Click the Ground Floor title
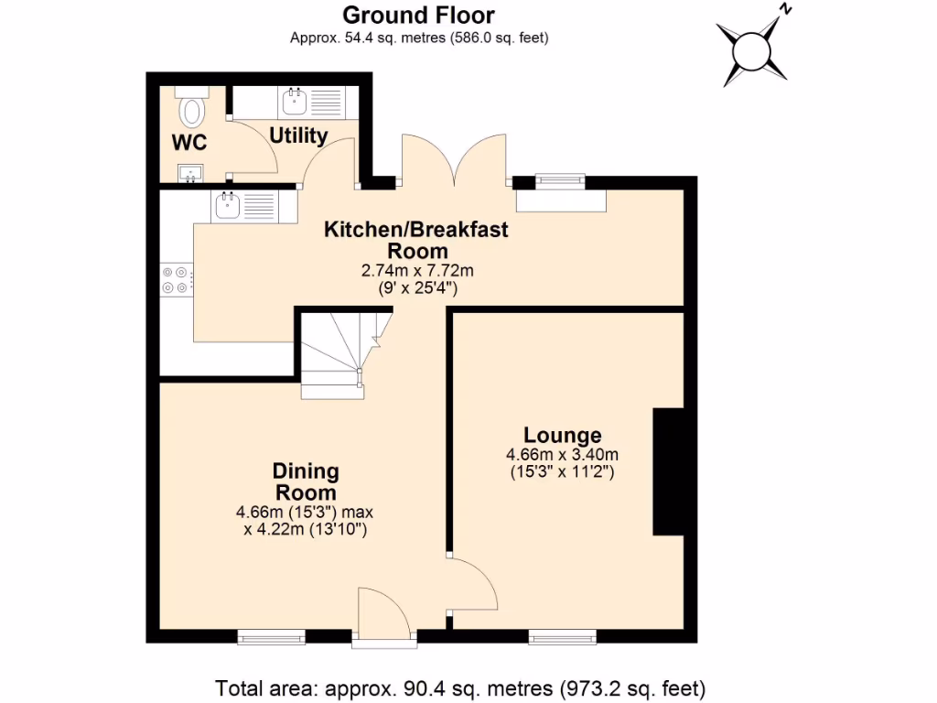click(x=418, y=16)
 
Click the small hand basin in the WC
click(x=192, y=171)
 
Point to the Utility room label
click(x=298, y=136)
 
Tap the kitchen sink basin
click(x=228, y=206)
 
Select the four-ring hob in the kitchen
click(x=176, y=279)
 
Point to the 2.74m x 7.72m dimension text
click(x=417, y=271)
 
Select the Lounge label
click(x=562, y=436)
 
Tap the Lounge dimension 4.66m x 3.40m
click(x=562, y=455)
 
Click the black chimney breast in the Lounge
click(x=668, y=471)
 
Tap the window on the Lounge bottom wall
click(x=562, y=636)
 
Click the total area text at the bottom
click(x=460, y=687)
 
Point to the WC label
click(x=189, y=143)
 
